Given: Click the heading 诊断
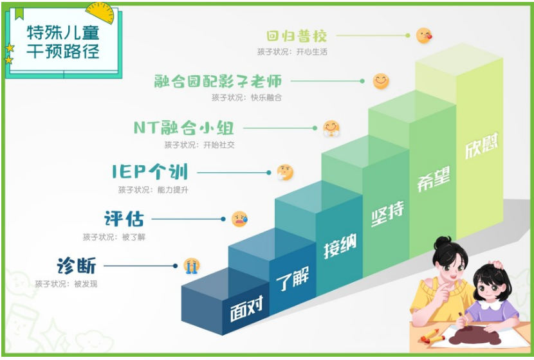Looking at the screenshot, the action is click(x=77, y=265).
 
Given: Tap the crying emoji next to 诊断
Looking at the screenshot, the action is click(x=191, y=265).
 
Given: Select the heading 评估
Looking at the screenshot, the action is click(x=124, y=219).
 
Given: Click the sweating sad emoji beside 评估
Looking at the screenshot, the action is click(x=239, y=219).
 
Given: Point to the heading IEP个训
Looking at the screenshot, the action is click(x=150, y=172).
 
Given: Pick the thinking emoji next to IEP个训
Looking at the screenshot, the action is click(x=285, y=172).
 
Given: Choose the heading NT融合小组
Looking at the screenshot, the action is click(x=184, y=128).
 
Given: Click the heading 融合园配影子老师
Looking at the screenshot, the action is click(x=218, y=82).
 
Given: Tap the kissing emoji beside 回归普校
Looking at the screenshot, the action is click(x=424, y=35).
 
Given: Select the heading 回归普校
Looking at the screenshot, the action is click(x=297, y=36).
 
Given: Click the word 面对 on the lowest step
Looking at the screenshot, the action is click(x=247, y=309).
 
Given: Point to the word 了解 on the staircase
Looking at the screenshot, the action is click(x=293, y=279).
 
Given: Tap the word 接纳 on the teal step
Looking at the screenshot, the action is click(x=340, y=246).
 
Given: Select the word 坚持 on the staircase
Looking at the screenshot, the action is click(x=387, y=213).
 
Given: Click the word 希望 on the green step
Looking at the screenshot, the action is click(x=434, y=178).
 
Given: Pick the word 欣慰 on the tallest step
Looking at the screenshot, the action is click(x=481, y=145).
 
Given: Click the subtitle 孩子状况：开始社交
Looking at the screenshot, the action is click(x=199, y=145).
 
